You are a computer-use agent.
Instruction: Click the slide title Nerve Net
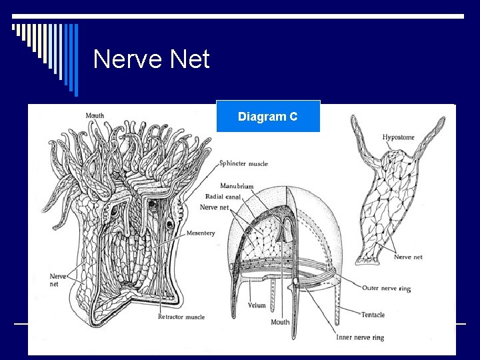[x=151, y=60]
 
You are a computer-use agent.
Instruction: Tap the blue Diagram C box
[x=268, y=117]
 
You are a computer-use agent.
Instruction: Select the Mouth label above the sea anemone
[x=95, y=115]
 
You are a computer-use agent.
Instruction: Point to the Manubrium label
[x=237, y=187]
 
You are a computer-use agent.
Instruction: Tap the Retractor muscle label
[x=181, y=317]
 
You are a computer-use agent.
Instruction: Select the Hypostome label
[x=398, y=137]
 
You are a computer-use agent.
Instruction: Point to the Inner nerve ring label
[x=359, y=337]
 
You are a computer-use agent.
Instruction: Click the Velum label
[x=257, y=305]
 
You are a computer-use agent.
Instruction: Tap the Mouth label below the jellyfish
[x=280, y=322]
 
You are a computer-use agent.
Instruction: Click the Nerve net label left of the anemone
[x=58, y=279]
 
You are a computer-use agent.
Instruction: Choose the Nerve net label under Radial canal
[x=214, y=207]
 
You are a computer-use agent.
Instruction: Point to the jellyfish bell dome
[x=300, y=200]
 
